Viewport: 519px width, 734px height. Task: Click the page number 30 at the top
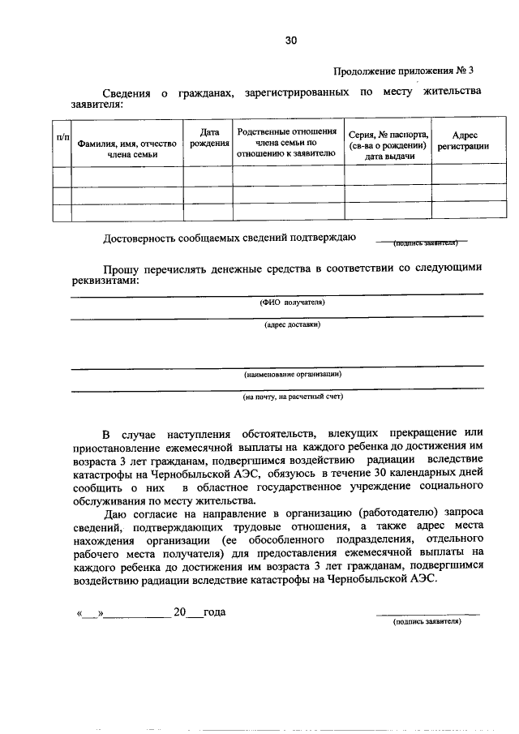(292, 40)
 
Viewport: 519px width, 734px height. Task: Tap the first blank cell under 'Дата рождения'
(208, 176)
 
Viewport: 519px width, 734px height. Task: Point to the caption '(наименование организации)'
(292, 374)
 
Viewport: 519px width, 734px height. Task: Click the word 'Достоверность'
(144, 238)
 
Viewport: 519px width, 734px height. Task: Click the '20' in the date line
(179, 612)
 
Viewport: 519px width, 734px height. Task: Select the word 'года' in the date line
(214, 612)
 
